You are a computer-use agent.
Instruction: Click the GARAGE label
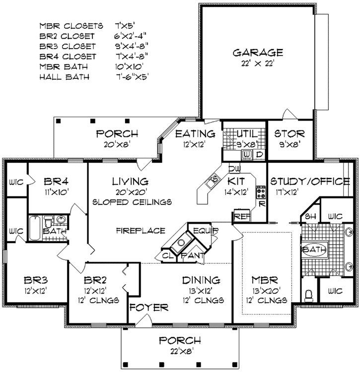click(258, 53)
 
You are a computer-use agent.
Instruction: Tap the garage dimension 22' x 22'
click(258, 64)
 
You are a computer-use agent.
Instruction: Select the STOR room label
click(290, 134)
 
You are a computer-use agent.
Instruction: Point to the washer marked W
click(246, 155)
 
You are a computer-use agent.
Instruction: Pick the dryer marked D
click(259, 155)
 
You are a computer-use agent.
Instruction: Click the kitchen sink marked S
click(216, 179)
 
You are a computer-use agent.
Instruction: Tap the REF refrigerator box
click(241, 216)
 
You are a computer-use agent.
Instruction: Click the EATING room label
click(195, 134)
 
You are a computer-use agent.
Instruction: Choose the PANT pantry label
click(191, 255)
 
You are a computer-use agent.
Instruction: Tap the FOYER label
click(149, 307)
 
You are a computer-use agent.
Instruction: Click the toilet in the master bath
click(309, 295)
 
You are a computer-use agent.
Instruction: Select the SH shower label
click(310, 217)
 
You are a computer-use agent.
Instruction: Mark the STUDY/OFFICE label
click(309, 182)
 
